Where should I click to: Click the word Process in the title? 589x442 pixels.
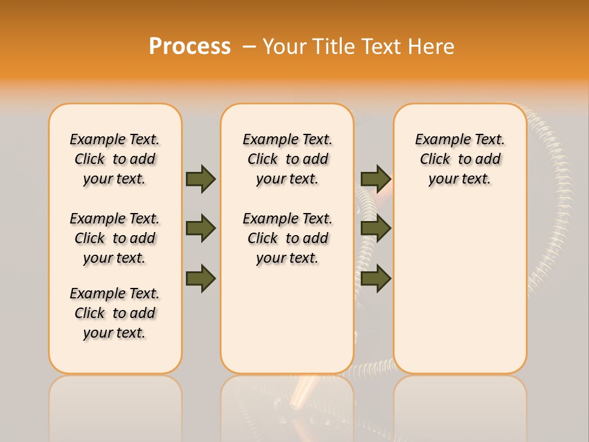click(x=190, y=46)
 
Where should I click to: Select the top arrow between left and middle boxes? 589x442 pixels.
click(x=201, y=179)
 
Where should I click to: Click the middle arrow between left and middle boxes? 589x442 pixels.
click(x=201, y=228)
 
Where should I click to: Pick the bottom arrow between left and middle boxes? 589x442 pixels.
click(x=201, y=278)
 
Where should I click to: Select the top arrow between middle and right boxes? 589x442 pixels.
click(x=375, y=179)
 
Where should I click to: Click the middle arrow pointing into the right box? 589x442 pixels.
click(x=375, y=228)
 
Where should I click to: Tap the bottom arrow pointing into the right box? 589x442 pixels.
click(x=375, y=278)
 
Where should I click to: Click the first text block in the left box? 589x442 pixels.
click(x=115, y=159)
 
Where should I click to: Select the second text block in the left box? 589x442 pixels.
click(x=115, y=238)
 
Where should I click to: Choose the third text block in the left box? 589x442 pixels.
click(x=115, y=313)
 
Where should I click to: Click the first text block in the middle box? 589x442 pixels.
click(x=287, y=159)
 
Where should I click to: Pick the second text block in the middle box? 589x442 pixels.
click(x=287, y=238)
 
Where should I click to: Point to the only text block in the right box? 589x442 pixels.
click(x=460, y=159)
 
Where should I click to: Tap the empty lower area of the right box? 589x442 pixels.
click(x=460, y=289)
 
